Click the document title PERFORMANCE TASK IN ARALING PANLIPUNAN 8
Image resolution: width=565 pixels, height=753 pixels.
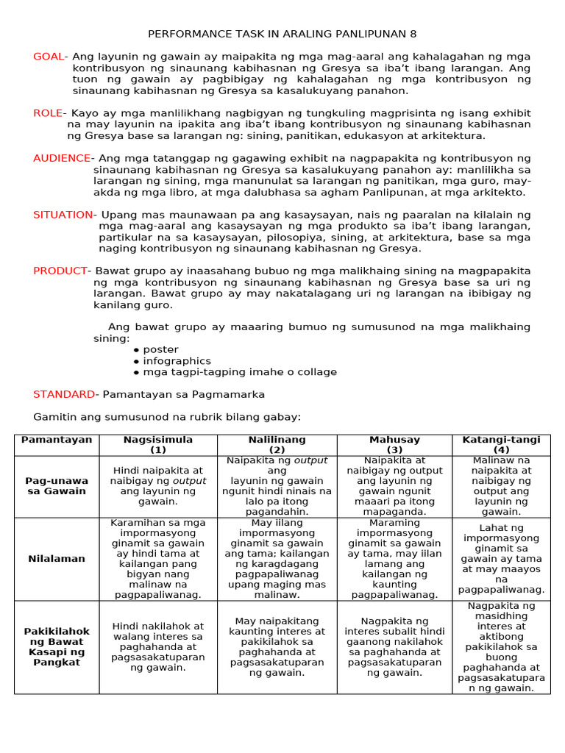[x=282, y=34]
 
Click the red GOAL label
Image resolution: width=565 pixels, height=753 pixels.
[x=49, y=57]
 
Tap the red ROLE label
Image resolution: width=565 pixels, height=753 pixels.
[x=48, y=113]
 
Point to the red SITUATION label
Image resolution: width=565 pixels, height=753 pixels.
[x=63, y=215]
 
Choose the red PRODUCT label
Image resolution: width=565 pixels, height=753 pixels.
[x=60, y=271]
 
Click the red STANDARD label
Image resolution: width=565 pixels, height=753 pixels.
[x=63, y=394]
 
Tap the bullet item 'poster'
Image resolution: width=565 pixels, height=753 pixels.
[x=160, y=349]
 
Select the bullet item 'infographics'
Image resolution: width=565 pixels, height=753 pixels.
[x=177, y=361]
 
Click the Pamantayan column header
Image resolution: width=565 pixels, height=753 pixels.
[x=57, y=440]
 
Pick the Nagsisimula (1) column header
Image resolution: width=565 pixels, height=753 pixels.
[x=158, y=445]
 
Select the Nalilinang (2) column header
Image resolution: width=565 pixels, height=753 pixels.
[x=277, y=445]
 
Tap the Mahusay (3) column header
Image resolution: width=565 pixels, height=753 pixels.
[x=394, y=445]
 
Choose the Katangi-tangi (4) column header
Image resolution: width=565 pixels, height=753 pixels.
[x=501, y=445]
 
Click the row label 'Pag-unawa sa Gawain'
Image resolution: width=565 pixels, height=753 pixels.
[x=57, y=486]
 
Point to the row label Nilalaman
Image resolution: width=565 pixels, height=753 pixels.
[x=57, y=559]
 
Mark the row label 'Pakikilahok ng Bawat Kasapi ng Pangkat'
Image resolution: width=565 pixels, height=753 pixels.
[x=57, y=647]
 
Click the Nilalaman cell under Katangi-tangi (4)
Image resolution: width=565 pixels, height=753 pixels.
[x=501, y=559]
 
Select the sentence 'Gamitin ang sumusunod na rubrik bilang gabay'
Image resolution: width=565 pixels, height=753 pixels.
[x=167, y=417]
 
